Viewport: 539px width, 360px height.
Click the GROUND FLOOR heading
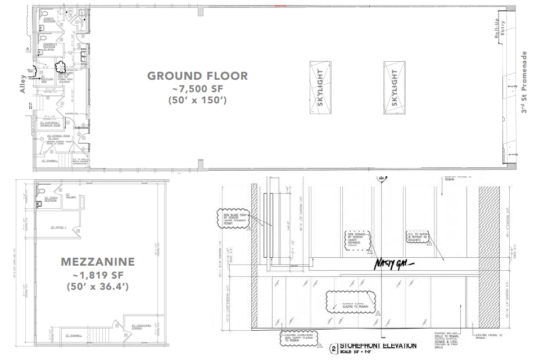[197, 76]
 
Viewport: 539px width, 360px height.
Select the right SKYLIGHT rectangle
[394, 88]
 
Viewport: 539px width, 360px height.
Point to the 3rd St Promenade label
[524, 83]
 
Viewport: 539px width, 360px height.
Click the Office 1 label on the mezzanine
[58, 227]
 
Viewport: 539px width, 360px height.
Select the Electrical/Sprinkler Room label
[58, 124]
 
